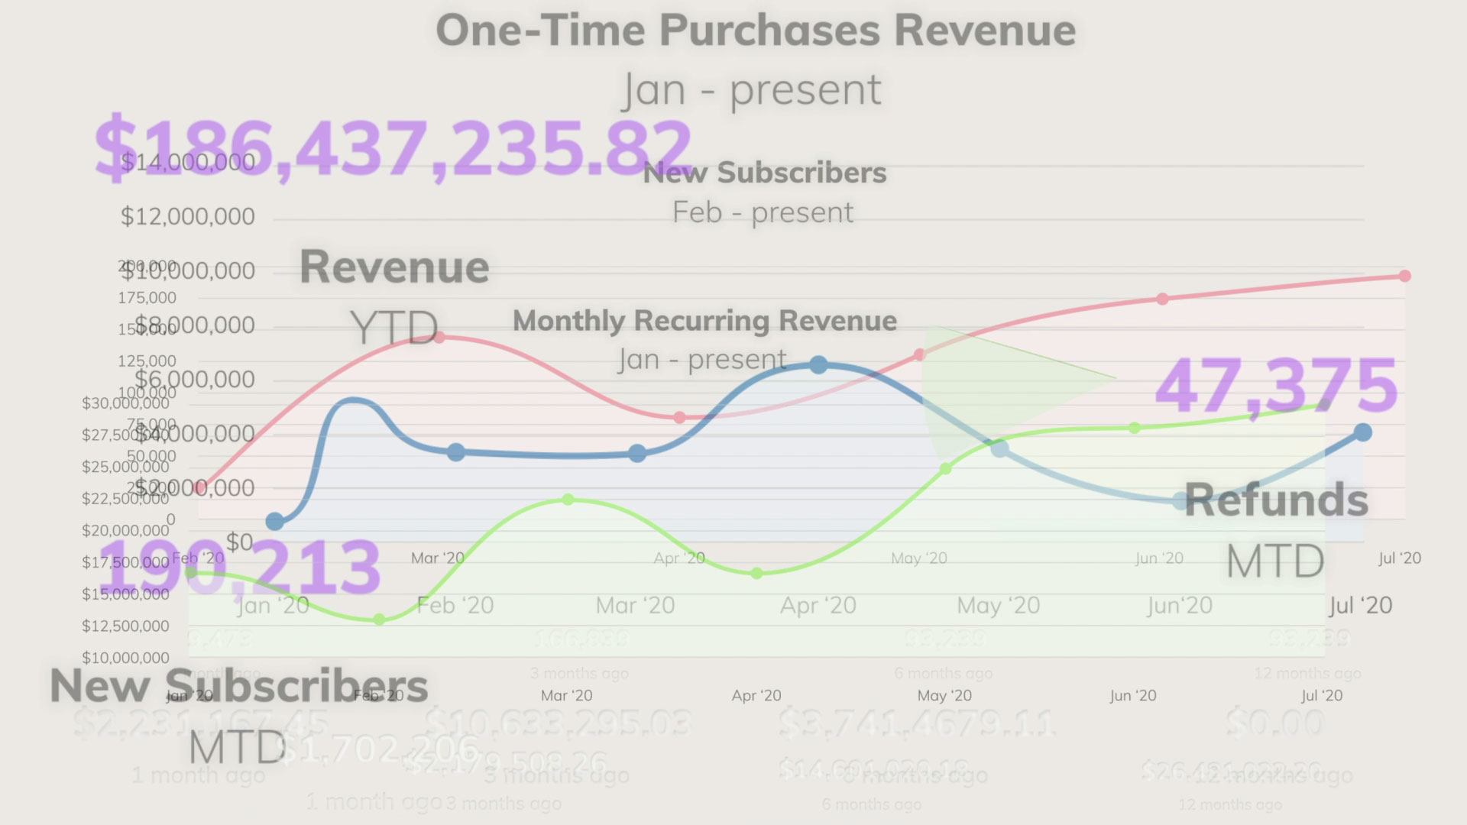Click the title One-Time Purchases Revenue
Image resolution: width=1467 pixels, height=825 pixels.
pos(755,31)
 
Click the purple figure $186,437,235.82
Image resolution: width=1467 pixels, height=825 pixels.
pos(393,148)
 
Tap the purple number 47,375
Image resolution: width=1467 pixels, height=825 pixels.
pos(1275,387)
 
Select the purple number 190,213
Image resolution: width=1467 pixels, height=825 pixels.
pos(239,568)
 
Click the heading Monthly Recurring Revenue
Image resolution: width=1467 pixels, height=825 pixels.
pos(704,321)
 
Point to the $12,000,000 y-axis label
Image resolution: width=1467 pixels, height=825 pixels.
pos(188,217)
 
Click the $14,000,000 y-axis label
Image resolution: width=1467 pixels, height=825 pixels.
pos(188,162)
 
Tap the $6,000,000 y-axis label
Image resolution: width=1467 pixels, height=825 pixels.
pos(195,380)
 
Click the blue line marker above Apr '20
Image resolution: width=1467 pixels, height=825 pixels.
pos(818,365)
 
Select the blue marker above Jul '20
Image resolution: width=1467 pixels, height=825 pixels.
pos(1362,433)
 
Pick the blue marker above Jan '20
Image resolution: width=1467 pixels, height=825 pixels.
pos(274,522)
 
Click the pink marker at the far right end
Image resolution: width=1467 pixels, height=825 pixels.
pos(1404,276)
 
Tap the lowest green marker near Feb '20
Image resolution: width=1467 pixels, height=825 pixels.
pos(380,620)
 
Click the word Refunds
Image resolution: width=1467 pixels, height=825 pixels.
pos(1276,500)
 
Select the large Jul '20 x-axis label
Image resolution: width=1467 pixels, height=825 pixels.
pos(1360,606)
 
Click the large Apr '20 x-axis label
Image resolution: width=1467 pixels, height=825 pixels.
pos(818,606)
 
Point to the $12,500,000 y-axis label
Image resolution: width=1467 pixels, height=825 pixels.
pos(125,626)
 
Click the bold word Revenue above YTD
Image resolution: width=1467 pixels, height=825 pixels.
pos(394,267)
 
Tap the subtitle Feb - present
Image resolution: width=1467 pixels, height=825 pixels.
pos(763,212)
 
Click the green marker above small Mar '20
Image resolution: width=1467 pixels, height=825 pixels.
pos(568,500)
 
